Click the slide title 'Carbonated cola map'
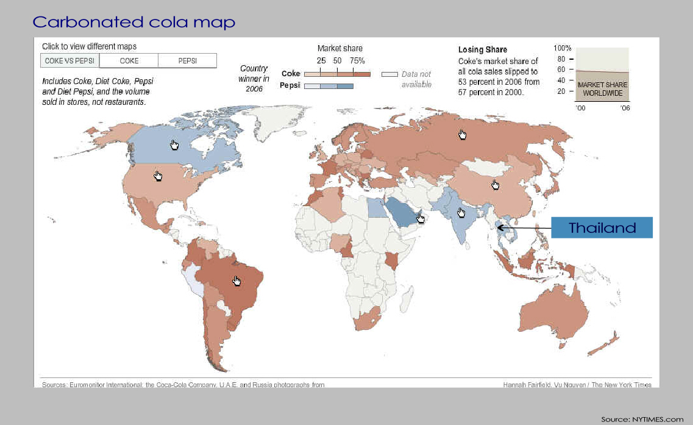pyautogui.click(x=133, y=23)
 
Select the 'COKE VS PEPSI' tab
pyautogui.click(x=69, y=61)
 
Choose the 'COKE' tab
pyautogui.click(x=129, y=61)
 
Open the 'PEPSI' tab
pyautogui.click(x=187, y=61)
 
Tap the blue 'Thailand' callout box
pyautogui.click(x=602, y=228)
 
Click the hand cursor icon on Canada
pyautogui.click(x=175, y=145)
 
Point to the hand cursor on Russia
pyautogui.click(x=463, y=134)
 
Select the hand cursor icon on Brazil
pyautogui.click(x=237, y=280)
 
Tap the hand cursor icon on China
pyautogui.click(x=495, y=184)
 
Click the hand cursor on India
pyautogui.click(x=461, y=212)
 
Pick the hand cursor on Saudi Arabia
pyautogui.click(x=421, y=218)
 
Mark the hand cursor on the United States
pyautogui.click(x=158, y=176)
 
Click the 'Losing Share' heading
pyautogui.click(x=482, y=49)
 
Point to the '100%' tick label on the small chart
pyautogui.click(x=562, y=48)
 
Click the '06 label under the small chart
pyautogui.click(x=625, y=107)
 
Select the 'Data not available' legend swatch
pyautogui.click(x=389, y=74)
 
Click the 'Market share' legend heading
pyautogui.click(x=339, y=48)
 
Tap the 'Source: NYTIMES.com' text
pyautogui.click(x=642, y=419)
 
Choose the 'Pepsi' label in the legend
pyautogui.click(x=290, y=85)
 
